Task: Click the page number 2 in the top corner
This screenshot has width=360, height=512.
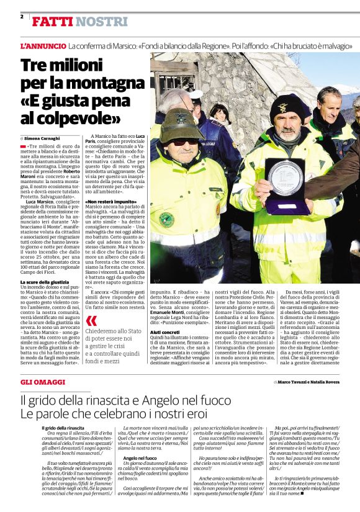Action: [x=22, y=16]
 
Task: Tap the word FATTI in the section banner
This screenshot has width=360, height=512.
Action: [x=52, y=22]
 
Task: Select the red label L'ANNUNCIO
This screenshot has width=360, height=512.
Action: [x=43, y=47]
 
